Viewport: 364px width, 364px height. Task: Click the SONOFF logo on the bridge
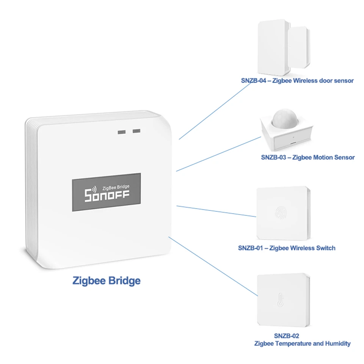pos(107,196)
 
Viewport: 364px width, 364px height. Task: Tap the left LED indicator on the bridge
pos(122,132)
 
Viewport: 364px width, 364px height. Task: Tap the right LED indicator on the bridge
pos(136,131)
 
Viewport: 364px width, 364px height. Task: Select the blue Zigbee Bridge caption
pos(107,281)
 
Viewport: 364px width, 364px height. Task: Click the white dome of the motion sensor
pos(284,119)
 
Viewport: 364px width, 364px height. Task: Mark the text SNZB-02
pos(287,336)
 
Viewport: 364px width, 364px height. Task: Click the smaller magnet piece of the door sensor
pos(299,47)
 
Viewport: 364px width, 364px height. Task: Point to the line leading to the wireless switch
pos(216,212)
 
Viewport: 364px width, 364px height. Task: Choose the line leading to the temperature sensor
pos(212,265)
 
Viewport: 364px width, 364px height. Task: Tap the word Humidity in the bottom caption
pos(337,344)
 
